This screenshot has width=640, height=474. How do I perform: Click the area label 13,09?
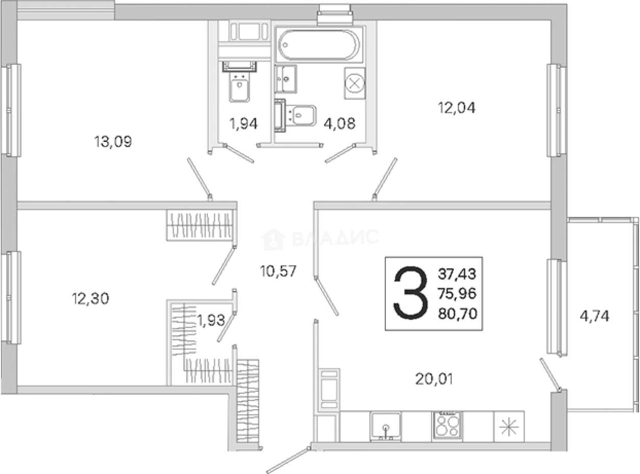(113, 141)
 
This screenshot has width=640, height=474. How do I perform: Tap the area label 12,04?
(456, 108)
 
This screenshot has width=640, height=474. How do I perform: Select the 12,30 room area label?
(90, 298)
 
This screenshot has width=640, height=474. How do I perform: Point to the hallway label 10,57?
(278, 271)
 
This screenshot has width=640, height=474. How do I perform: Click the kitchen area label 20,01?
(434, 379)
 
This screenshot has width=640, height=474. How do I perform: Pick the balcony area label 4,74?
(595, 316)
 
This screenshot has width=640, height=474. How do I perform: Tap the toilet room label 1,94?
(243, 124)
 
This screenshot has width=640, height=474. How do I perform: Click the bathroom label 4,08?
(339, 123)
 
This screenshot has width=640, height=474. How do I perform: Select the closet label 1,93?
(211, 320)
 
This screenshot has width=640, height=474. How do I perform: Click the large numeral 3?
(410, 293)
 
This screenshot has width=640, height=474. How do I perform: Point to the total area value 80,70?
(457, 314)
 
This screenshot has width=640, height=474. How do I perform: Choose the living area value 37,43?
(457, 274)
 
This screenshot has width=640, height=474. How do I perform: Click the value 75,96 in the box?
(457, 294)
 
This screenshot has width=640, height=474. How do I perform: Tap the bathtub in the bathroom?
(319, 45)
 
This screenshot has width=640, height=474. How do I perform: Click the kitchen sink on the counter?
(386, 427)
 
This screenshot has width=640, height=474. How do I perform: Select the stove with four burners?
(447, 427)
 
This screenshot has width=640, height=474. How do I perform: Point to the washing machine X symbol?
(355, 84)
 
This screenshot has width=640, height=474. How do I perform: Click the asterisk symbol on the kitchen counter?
(509, 427)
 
